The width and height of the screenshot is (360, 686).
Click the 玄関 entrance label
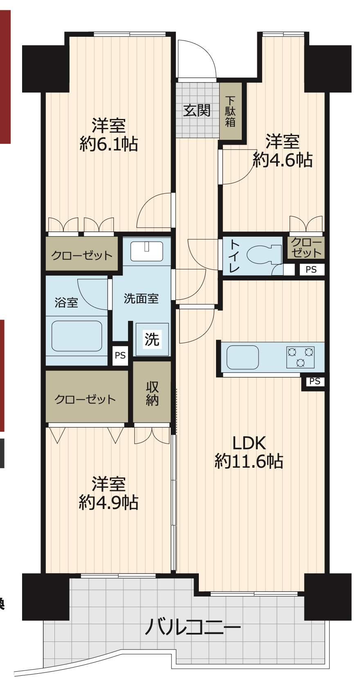tap(197, 110)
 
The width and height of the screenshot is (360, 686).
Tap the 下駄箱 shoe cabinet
tap(231, 112)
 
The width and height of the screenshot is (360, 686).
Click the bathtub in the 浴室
tap(76, 336)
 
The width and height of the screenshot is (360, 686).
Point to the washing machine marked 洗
tap(152, 339)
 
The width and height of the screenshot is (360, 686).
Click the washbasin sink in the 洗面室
tap(147, 251)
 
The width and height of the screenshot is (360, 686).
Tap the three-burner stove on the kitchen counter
tap(301, 357)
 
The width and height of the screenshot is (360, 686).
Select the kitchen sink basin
tap(242, 357)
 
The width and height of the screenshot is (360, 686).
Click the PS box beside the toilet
tap(312, 269)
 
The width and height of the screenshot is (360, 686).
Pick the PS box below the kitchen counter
tap(315, 381)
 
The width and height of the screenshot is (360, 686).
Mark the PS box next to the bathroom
tap(120, 356)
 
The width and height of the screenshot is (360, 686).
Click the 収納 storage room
tap(152, 393)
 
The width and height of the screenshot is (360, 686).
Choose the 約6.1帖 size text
tap(109, 144)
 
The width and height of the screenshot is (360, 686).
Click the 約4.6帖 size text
tap(282, 160)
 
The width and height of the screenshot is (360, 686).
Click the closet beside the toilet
tap(306, 247)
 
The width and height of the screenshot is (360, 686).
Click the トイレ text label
tap(234, 256)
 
